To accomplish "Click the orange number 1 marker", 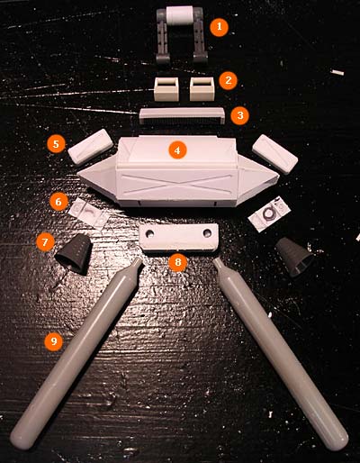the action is pos(219,27).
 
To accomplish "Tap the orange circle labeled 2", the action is pos(228,80).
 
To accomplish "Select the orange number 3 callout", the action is pos(240,115).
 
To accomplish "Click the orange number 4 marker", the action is pos(177,150).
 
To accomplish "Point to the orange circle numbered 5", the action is pos(56,144).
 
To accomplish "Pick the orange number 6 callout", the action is pos(58,202).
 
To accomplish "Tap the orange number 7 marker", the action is pos(45,242).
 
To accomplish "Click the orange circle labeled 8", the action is pos(178,262).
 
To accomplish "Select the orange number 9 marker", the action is pos(54,341).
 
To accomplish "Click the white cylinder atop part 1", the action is pos(180,15).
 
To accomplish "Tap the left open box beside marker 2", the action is pos(167,89).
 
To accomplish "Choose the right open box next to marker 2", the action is pos(202,89).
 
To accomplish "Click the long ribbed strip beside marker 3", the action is pos(183,116).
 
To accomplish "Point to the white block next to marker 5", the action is pos(90,147).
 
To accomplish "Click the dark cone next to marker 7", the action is pos(74,253).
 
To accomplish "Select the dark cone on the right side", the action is pos(294,256).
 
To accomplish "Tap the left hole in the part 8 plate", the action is pos(150,232).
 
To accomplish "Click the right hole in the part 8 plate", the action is pos(207,232).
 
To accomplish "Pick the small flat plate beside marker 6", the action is pos(89,213).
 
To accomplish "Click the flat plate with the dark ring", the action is pos(269,213).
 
